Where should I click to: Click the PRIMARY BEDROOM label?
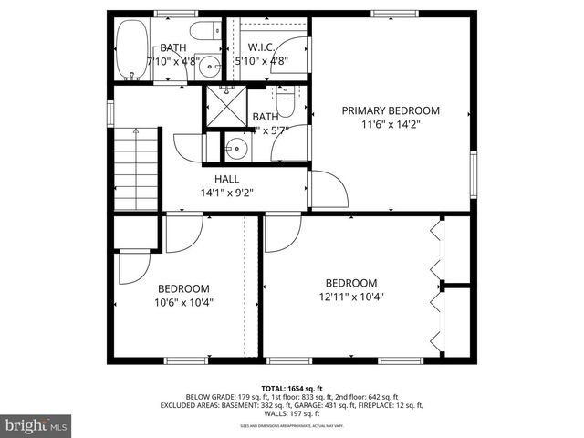(x=391, y=110)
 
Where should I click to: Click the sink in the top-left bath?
(x=210, y=66)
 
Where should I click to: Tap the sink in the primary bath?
(x=238, y=146)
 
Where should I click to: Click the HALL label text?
(x=227, y=179)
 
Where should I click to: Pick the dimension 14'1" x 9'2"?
(x=226, y=193)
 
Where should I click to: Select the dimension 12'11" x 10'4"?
(x=351, y=297)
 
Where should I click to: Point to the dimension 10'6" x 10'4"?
(x=184, y=301)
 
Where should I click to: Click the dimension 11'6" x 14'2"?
(x=391, y=126)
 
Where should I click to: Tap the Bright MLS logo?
(x=36, y=425)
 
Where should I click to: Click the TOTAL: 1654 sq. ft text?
(x=291, y=388)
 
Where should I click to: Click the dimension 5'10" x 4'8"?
(x=262, y=61)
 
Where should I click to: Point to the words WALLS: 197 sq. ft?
(x=292, y=413)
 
